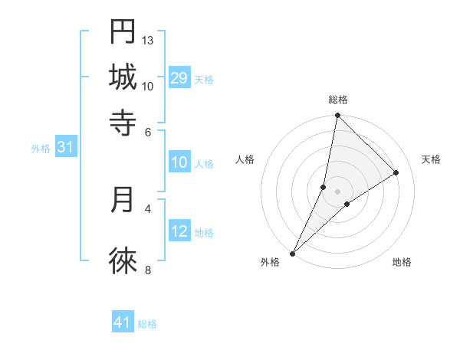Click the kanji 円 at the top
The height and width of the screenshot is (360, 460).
(x=123, y=31)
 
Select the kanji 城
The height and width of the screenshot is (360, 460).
(x=123, y=77)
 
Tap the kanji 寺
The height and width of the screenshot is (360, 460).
(x=123, y=122)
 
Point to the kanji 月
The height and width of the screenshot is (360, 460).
(x=123, y=199)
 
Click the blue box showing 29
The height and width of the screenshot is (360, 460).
(x=179, y=77)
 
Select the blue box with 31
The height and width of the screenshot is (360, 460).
(x=65, y=147)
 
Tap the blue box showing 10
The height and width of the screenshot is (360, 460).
(x=179, y=162)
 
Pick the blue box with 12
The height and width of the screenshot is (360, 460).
(x=179, y=231)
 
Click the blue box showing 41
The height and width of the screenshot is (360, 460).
(x=123, y=322)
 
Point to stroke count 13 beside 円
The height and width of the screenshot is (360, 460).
(x=148, y=40)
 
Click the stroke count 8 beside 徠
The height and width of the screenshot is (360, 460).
(x=148, y=269)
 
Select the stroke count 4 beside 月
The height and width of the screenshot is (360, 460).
(x=148, y=208)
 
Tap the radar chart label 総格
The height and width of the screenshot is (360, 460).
(x=338, y=100)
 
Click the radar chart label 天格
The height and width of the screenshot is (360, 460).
(x=431, y=159)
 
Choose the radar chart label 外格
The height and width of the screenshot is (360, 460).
(x=270, y=262)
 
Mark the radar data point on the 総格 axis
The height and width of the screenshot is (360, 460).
(x=337, y=116)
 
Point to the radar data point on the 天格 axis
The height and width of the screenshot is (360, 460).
(x=396, y=172)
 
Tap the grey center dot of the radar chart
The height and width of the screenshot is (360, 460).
(x=337, y=191)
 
